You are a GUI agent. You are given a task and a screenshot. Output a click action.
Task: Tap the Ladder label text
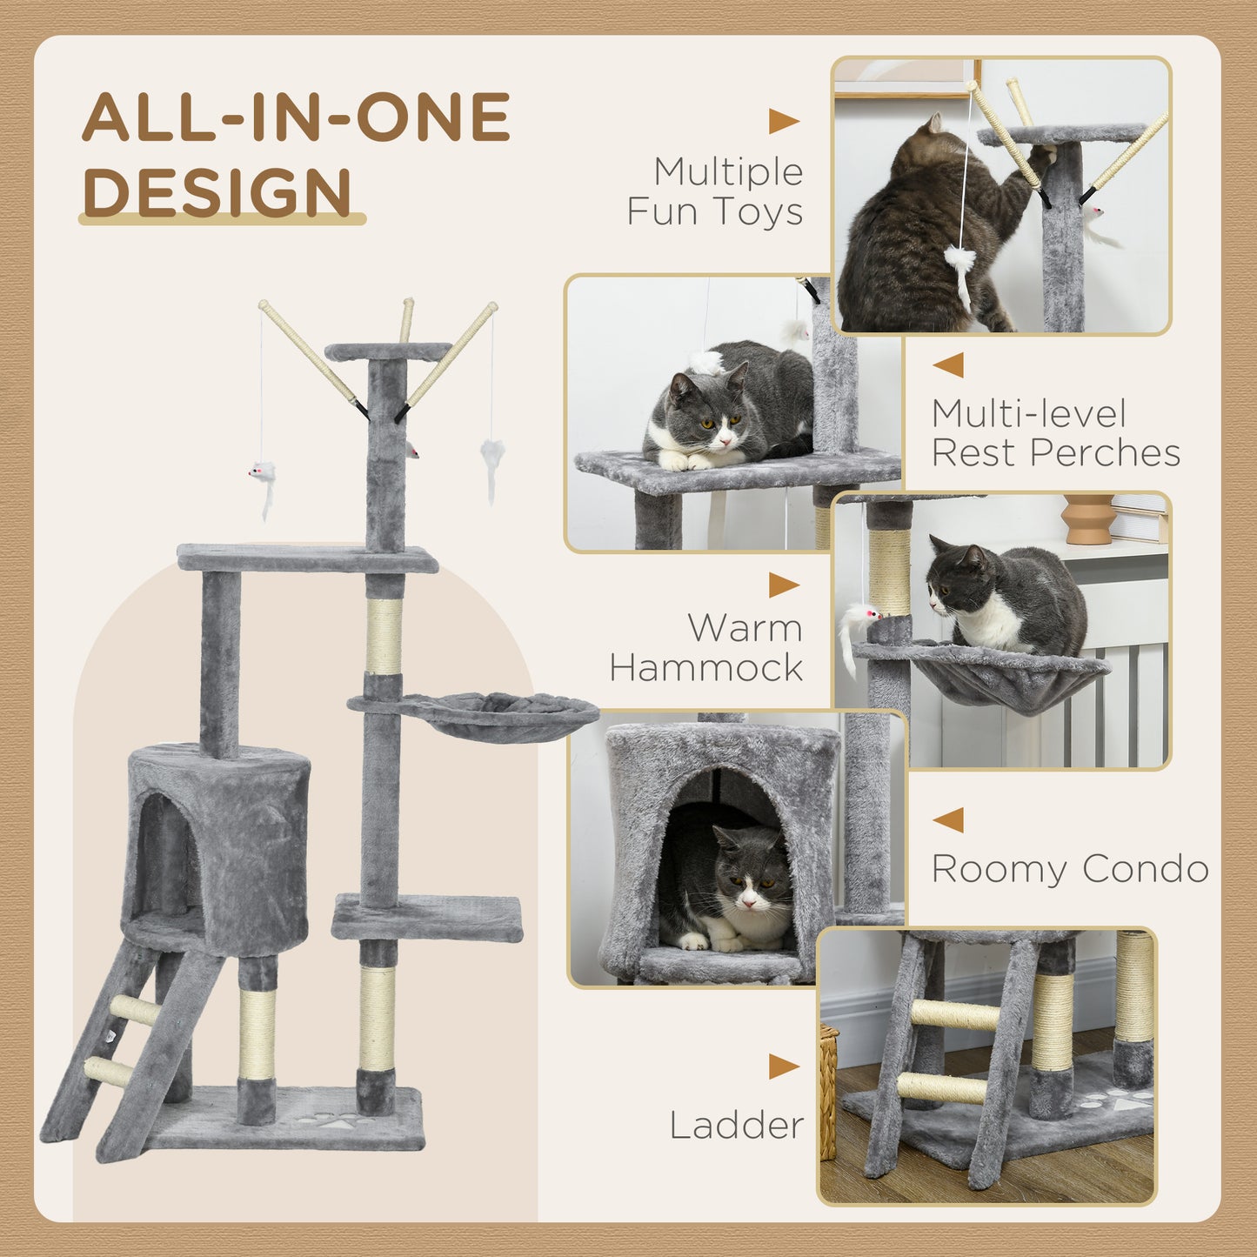pyautogui.click(x=736, y=1125)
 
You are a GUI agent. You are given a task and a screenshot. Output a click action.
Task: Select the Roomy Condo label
pyautogui.click(x=1069, y=868)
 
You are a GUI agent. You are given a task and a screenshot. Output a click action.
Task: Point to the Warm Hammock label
pyautogui.click(x=706, y=647)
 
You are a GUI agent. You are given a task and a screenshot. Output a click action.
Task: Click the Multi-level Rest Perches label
pyautogui.click(x=1055, y=433)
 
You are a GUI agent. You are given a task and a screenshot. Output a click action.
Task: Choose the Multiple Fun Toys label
pyautogui.click(x=715, y=191)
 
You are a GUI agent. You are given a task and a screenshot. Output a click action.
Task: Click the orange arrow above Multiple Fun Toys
pyautogui.click(x=783, y=122)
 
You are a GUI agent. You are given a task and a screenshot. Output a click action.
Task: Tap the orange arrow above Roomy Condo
pyautogui.click(x=948, y=819)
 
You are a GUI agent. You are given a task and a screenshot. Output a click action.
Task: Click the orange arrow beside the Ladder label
pyautogui.click(x=783, y=1066)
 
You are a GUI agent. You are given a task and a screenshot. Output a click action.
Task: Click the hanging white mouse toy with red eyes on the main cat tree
pyautogui.click(x=262, y=474)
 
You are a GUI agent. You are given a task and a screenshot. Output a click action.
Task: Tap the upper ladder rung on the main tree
pyautogui.click(x=136, y=1009)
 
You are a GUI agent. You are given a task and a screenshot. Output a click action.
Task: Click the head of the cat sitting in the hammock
pyautogui.click(x=957, y=578)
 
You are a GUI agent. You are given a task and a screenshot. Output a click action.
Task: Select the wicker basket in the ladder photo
pyautogui.click(x=828, y=1092)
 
